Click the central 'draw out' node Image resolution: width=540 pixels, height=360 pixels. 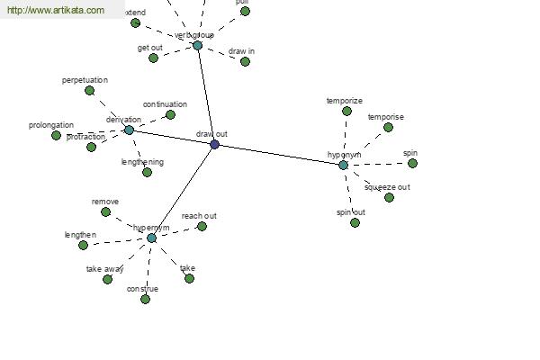pos(214,144)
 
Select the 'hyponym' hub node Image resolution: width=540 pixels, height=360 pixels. pos(343,165)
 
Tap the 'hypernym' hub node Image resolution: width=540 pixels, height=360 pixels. pos(151,238)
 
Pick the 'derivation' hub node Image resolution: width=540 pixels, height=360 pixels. pos(129,130)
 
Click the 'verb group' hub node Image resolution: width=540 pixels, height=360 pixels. pos(197,45)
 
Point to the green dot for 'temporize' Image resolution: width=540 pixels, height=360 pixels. pos(346,111)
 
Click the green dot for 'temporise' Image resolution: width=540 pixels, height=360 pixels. pos(388,127)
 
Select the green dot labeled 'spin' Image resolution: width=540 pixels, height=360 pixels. pos(412,163)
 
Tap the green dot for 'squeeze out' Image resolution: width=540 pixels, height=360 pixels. pos(389,197)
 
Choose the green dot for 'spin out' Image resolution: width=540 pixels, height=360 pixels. pos(355,222)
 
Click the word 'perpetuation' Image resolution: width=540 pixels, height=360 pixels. pos(85,80)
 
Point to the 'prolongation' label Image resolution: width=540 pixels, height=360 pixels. pos(51,125)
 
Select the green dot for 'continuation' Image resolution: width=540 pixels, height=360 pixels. pos(170,114)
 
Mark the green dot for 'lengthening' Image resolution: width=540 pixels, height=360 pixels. pos(147,172)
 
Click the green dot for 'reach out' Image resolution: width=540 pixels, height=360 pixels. pos(202,226)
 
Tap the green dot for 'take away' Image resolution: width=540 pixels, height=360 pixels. pos(107,279)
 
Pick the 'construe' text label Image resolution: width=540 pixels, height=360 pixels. pos(142,288)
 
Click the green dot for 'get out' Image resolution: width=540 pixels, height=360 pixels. pos(153,58)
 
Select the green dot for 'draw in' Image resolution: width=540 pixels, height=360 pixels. pos(245,61)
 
